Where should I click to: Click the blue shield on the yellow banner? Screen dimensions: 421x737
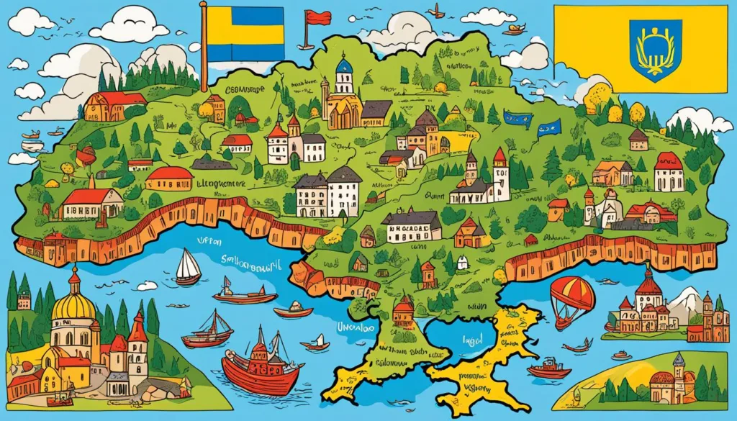pyautogui.click(x=654, y=50)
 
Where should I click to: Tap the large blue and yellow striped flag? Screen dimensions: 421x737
pyautogui.click(x=245, y=33)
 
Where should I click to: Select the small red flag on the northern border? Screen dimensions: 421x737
pyautogui.click(x=316, y=17)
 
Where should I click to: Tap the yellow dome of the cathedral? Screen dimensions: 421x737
pyautogui.click(x=73, y=304)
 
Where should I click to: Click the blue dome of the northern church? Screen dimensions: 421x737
pyautogui.click(x=345, y=66)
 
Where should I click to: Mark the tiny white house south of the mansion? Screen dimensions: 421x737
pyautogui.click(x=463, y=263)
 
